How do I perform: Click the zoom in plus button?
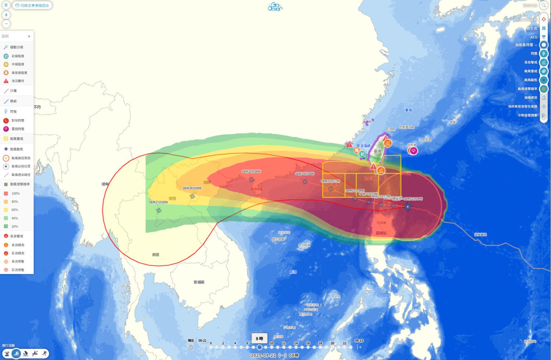click(x=6, y=15)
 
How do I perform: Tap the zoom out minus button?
click(x=6, y=24)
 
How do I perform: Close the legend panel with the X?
click(x=29, y=36)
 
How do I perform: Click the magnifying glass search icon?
click(x=544, y=6)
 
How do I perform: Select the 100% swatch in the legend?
click(x=6, y=194)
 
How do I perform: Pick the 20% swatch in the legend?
click(x=6, y=227)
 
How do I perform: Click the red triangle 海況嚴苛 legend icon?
click(x=6, y=81)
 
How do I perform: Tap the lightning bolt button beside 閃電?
click(x=544, y=54)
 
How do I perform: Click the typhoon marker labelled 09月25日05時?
click(x=252, y=180)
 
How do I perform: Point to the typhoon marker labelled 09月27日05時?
click(x=159, y=210)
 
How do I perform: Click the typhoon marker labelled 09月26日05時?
click(x=192, y=196)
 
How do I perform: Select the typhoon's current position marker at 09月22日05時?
click(x=407, y=207)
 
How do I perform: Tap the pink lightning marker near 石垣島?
click(x=414, y=151)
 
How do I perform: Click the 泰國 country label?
click(x=155, y=255)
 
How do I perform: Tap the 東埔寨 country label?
click(x=199, y=282)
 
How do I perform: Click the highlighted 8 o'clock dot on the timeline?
click(x=259, y=347)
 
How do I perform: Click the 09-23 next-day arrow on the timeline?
click(x=359, y=347)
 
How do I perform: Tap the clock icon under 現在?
click(x=191, y=348)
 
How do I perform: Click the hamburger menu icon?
click(x=6, y=5)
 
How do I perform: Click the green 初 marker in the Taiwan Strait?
click(x=363, y=155)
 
